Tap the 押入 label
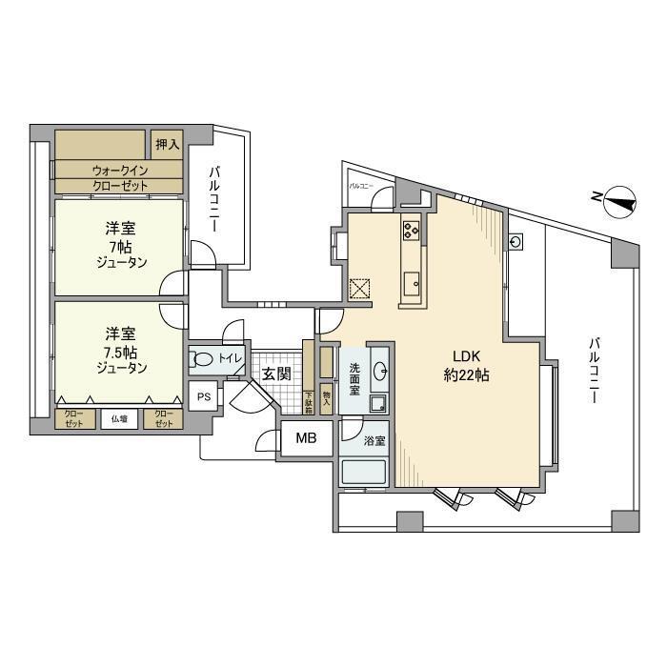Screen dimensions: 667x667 click(167, 145)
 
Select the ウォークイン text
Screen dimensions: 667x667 click(120, 170)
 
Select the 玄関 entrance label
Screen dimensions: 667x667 click(276, 374)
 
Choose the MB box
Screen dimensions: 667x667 click(306, 438)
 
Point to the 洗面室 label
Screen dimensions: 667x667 click(354, 379)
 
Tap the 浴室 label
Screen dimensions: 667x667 click(374, 441)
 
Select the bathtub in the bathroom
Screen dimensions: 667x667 click(363, 473)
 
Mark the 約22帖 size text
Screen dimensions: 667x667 click(466, 375)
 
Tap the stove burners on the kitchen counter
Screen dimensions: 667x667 click(412, 230)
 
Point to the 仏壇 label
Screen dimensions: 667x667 click(120, 418)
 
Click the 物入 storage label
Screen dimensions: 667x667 click(326, 399)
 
